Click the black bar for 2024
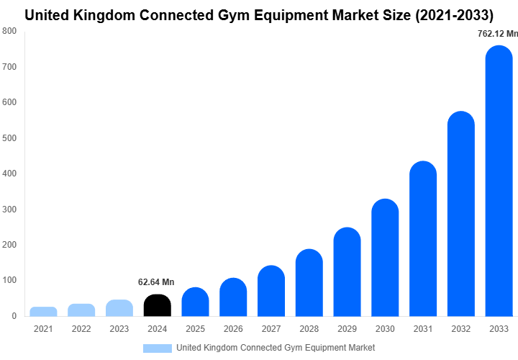tap(157, 305)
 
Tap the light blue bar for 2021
tap(43, 311)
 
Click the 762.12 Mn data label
tap(497, 33)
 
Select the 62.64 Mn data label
tap(156, 282)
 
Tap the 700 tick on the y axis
tap(9, 67)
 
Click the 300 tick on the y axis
tap(9, 210)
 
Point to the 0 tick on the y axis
tap(14, 316)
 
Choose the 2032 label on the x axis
tap(461, 329)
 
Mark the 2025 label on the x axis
tap(195, 329)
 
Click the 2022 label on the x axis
tap(81, 329)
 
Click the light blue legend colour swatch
tap(157, 348)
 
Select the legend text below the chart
tap(276, 348)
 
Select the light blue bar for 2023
tap(119, 308)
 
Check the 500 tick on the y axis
tap(9, 138)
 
